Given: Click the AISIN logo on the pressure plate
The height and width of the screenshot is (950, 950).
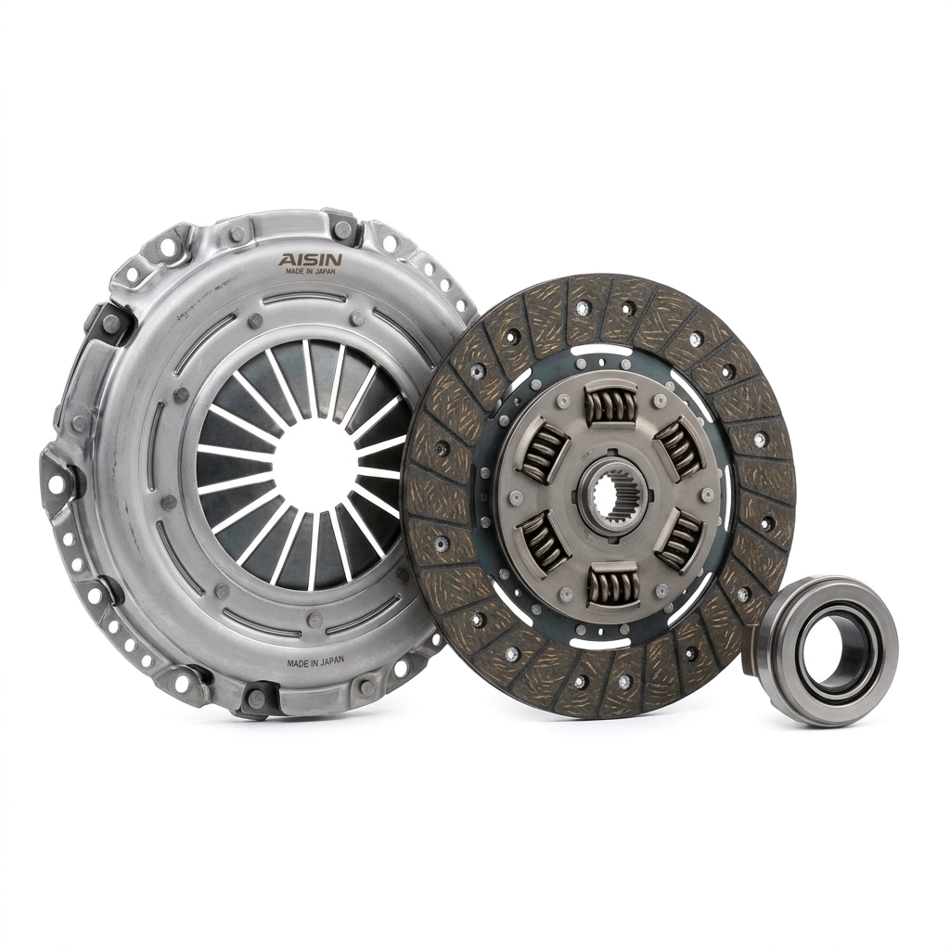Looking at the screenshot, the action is point(310,260).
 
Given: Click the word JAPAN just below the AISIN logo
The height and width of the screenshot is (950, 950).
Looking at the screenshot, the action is point(323,272).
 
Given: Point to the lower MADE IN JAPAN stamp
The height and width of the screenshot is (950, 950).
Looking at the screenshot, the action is point(315,661).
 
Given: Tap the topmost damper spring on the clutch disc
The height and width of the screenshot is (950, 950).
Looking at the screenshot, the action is point(609,403).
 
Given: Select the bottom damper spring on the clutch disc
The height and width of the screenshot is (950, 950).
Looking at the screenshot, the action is point(612,583).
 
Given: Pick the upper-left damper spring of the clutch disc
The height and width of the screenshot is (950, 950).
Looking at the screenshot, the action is point(542,448).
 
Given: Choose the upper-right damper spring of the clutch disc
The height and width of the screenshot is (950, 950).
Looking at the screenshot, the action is point(678,449).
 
